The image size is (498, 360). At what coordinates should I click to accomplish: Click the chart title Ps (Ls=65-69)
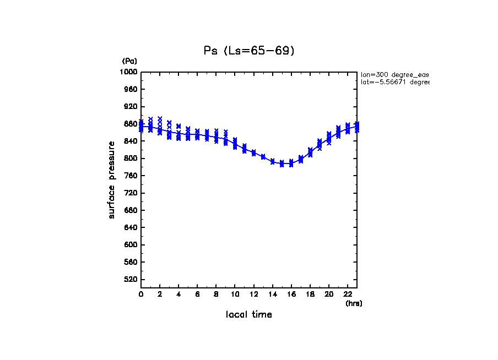pos(249,51)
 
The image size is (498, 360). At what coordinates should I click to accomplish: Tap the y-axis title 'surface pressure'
pos(112,179)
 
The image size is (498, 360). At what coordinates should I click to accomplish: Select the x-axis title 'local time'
pos(248,315)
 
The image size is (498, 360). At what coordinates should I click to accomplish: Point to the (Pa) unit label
pos(129,61)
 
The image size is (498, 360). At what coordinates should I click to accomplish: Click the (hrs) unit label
pos(354,303)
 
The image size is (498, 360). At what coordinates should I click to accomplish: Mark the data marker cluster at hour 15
pos(282,163)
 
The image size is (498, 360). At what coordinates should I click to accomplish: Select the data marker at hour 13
pos(263,157)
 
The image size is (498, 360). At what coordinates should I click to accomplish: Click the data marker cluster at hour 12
pos(253,152)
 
